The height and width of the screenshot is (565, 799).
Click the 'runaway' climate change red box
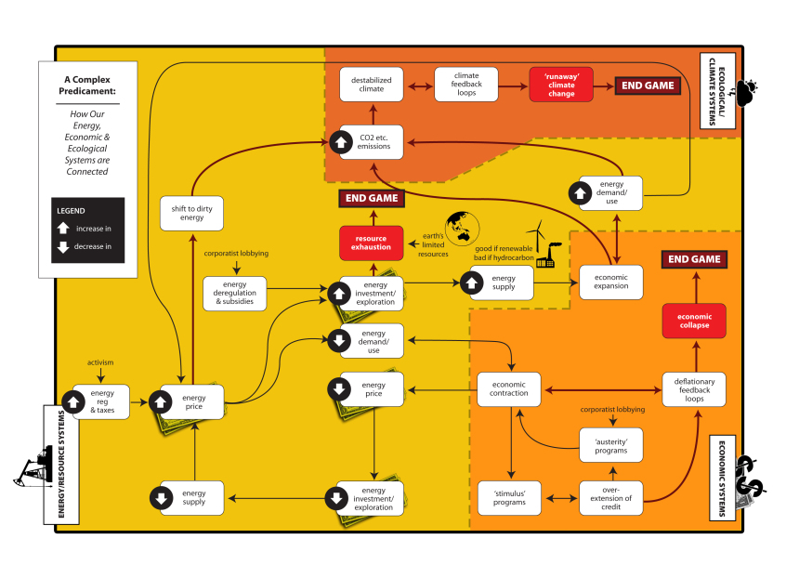[x=561, y=85]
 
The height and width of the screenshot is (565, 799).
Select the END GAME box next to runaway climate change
[x=646, y=85]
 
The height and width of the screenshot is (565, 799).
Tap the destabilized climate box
[x=371, y=85]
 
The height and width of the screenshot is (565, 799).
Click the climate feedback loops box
[x=466, y=85]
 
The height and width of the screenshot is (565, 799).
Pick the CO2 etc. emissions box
[x=371, y=142]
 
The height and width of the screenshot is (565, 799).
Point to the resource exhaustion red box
[x=371, y=243]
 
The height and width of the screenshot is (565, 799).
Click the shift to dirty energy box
[x=193, y=212]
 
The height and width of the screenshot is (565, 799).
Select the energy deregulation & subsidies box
[x=235, y=293]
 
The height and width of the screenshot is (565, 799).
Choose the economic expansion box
[x=610, y=282]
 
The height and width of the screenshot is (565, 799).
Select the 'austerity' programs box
[x=610, y=445]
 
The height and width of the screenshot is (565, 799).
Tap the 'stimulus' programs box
[x=509, y=497]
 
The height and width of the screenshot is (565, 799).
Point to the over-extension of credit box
[x=610, y=497]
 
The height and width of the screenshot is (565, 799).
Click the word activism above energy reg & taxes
[x=101, y=362]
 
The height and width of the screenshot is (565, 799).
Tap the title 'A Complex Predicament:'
[x=88, y=85]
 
